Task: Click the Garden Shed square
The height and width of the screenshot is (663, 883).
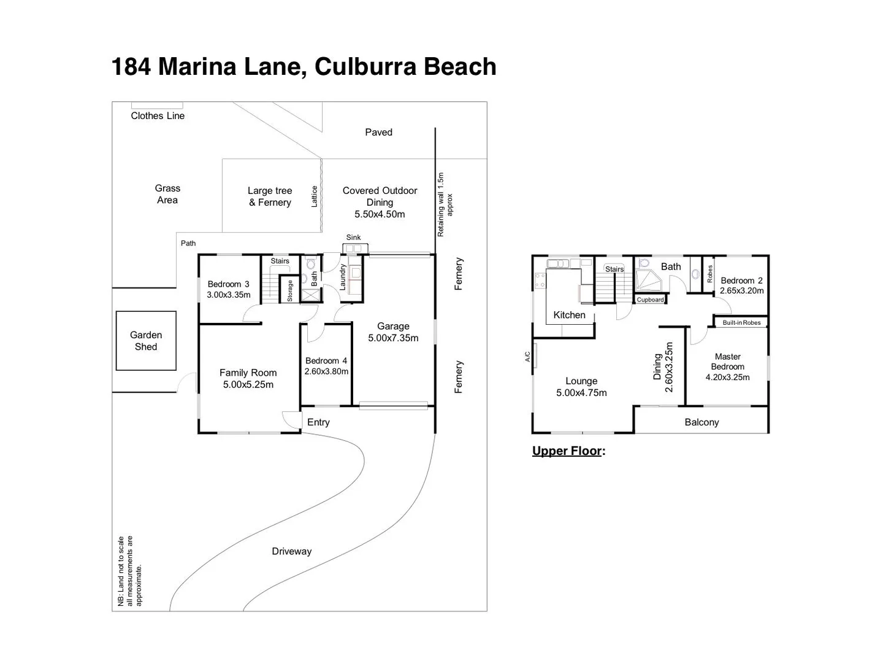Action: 146,341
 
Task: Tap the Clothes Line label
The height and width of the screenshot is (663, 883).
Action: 158,116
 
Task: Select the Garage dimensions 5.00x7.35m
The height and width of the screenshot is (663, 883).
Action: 393,338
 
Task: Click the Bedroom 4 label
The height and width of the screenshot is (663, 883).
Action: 326,361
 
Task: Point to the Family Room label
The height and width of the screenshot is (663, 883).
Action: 248,373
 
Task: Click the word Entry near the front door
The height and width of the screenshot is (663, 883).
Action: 318,422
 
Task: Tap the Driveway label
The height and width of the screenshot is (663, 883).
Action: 291,551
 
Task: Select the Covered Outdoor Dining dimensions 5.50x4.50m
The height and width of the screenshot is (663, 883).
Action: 380,214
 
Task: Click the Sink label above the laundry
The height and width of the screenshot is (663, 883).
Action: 353,238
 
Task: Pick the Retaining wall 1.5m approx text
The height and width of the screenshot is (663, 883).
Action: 445,205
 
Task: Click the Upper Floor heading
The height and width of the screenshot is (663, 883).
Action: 567,451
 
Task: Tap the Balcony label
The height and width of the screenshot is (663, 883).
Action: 701,422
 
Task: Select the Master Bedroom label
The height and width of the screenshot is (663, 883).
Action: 727,362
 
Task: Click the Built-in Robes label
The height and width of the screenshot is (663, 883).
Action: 741,323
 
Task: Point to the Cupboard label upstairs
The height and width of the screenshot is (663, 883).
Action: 650,300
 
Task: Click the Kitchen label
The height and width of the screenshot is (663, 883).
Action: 569,315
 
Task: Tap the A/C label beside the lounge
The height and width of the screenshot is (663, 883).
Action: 527,356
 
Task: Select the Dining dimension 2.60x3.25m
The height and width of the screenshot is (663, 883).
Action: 669,367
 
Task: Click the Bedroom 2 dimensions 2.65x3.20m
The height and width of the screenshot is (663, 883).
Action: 742,291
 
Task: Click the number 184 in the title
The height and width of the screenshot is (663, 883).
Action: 131,66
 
